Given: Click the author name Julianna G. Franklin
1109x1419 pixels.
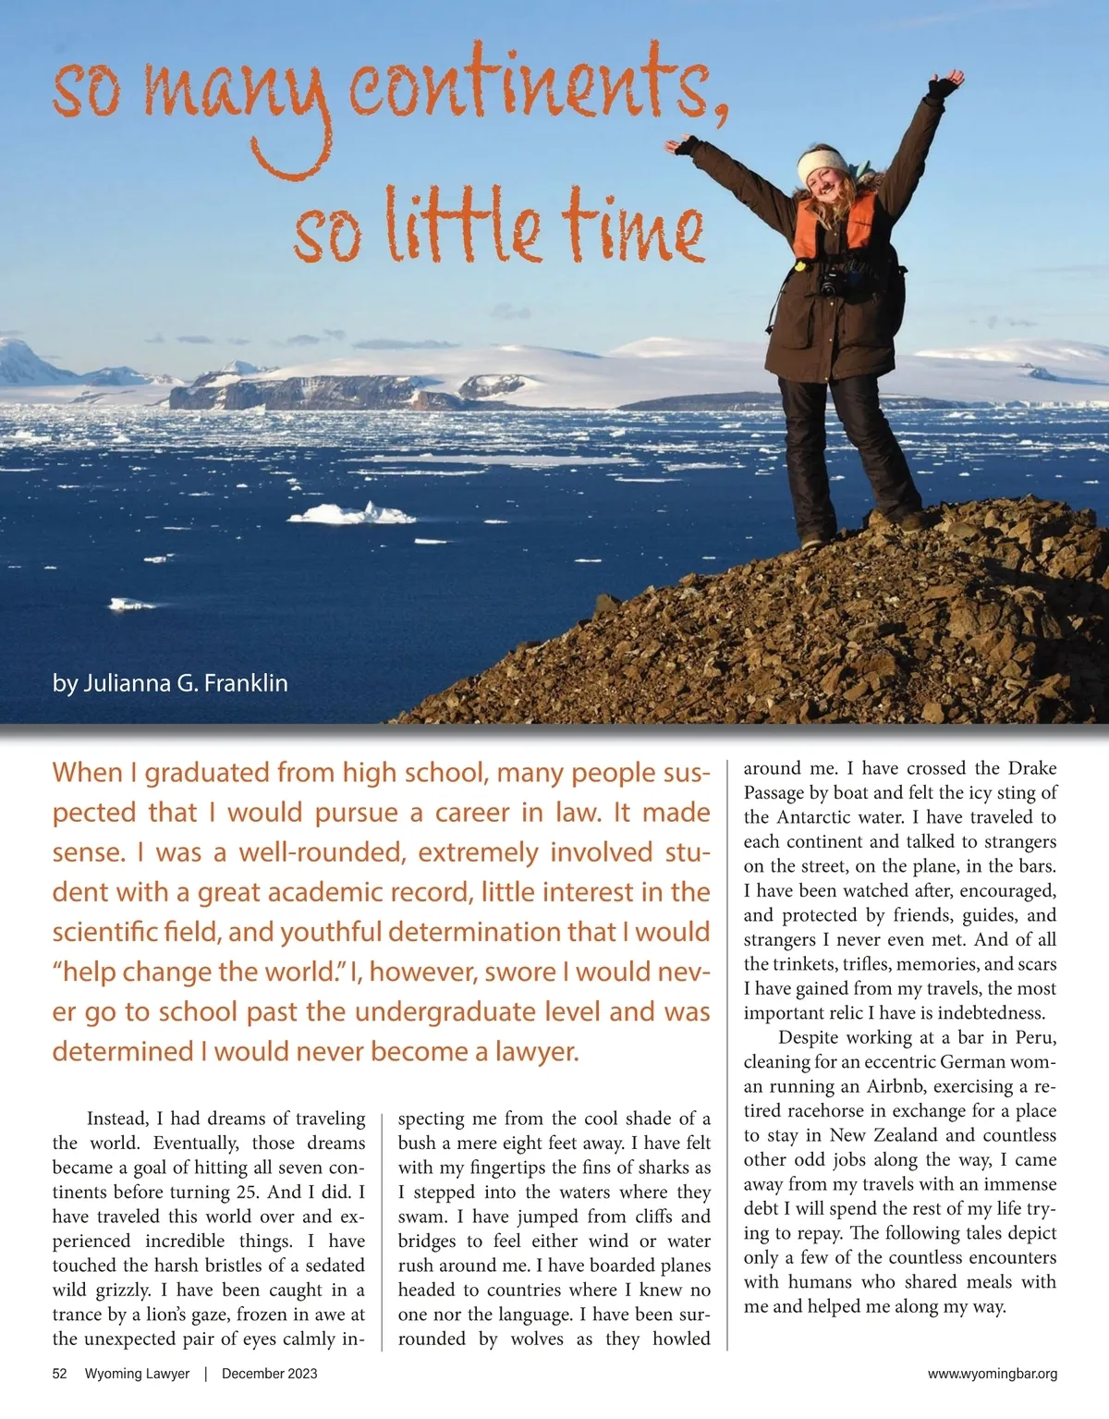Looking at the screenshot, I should click(x=170, y=683).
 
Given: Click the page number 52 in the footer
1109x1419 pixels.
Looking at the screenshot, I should click(x=60, y=1374).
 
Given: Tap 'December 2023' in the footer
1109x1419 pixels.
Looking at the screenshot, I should click(x=269, y=1374).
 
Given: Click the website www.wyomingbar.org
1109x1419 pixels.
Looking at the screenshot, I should click(x=992, y=1374).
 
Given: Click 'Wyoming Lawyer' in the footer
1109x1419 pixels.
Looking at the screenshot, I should click(x=137, y=1374).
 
